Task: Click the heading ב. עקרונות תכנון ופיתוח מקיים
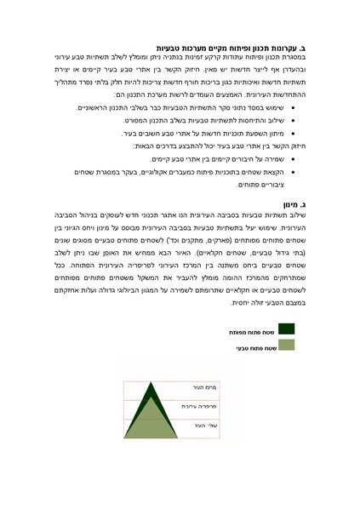pyautogui.click(x=232, y=49)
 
